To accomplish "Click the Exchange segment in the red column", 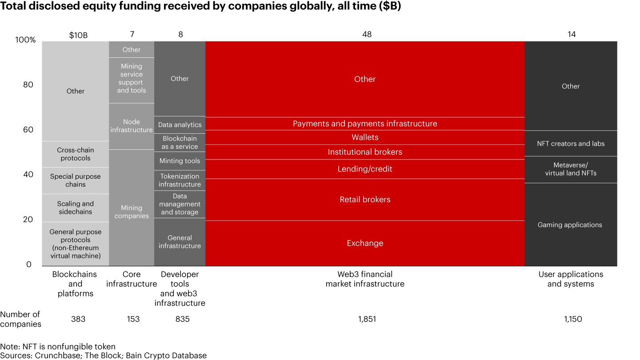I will point(365,243).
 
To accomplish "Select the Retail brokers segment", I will point(365,200).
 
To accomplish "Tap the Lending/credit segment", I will point(365,169).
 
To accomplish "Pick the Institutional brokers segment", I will point(365,152).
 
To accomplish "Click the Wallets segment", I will point(365,137).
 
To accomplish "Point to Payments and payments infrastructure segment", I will point(365,124).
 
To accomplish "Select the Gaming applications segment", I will point(570,225).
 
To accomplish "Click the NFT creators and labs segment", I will point(570,144).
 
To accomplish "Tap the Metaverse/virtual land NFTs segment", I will point(570,169).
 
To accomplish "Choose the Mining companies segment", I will point(132,212).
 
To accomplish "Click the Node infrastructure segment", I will point(132,126).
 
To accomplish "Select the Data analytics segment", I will point(180,125).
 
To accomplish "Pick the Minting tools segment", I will point(180,161).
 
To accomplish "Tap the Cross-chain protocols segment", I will point(75,154).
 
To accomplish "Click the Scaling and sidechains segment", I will point(75,208).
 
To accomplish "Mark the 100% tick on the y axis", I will point(25,40).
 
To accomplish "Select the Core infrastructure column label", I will point(132,279).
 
